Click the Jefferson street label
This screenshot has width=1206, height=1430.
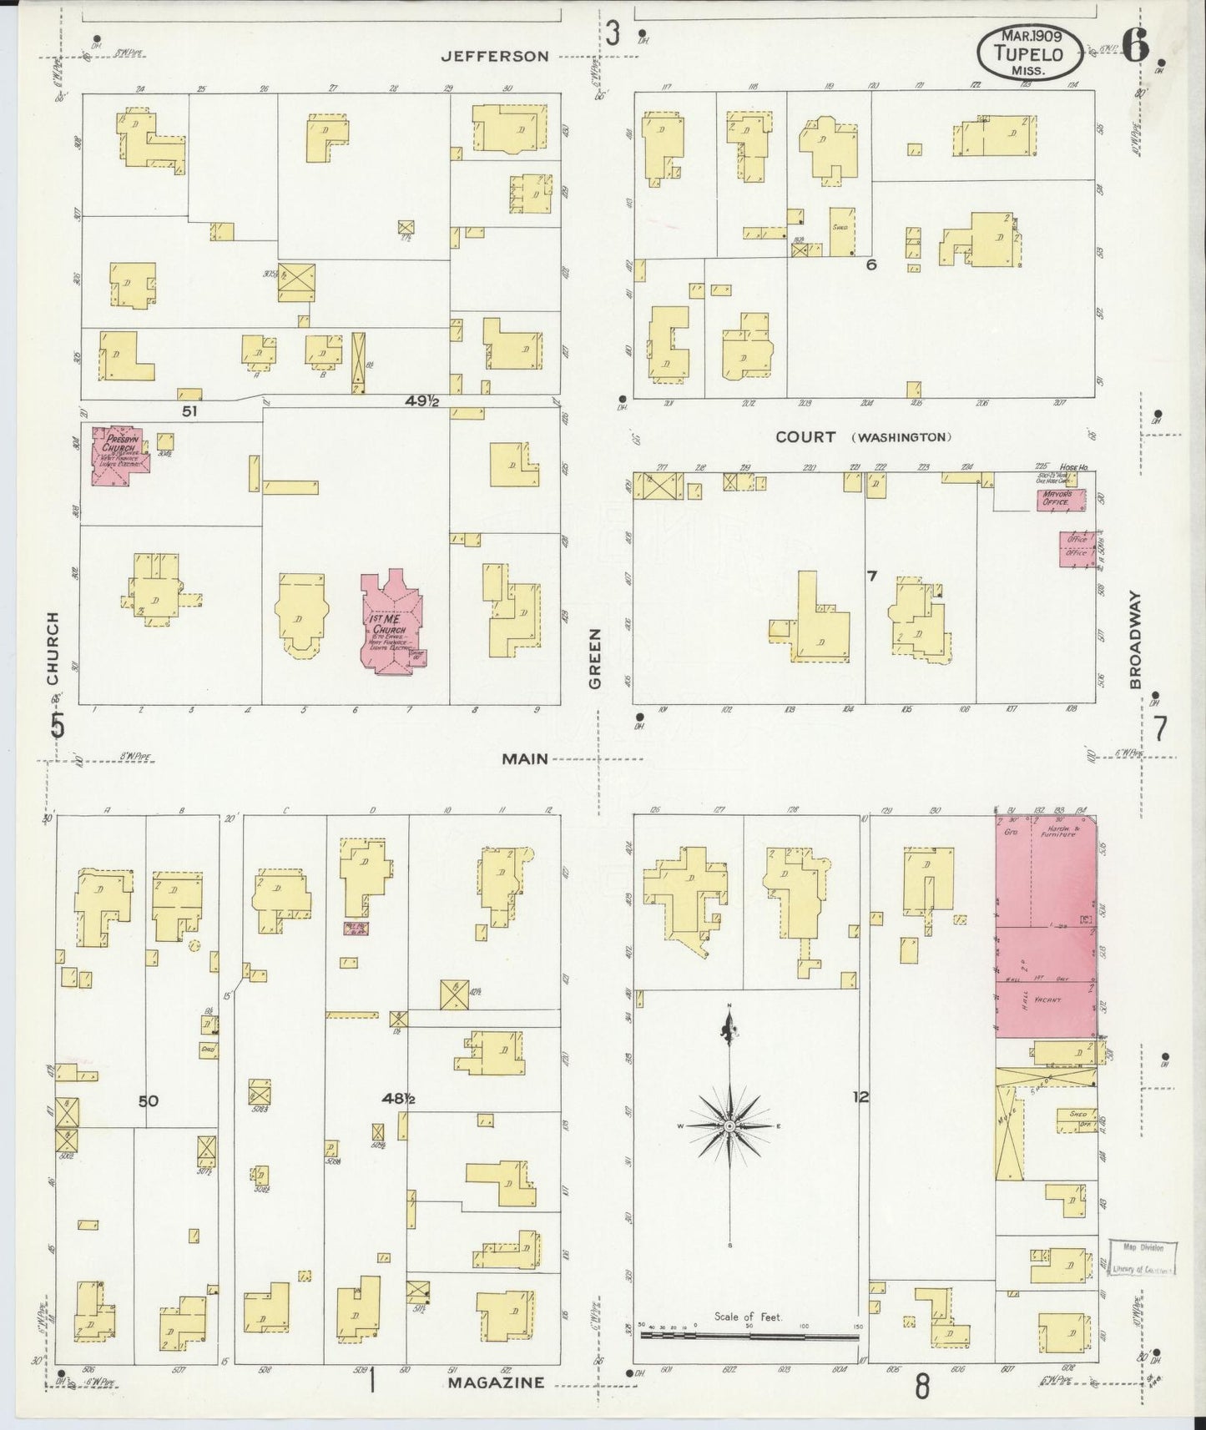(x=495, y=57)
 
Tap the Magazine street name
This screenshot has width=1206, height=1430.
(x=497, y=1382)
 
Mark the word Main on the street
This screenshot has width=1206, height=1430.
(x=525, y=759)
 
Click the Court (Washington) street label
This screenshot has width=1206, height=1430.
(x=863, y=437)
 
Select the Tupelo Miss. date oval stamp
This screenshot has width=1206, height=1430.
(x=1032, y=52)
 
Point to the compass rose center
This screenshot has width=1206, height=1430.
(x=730, y=1125)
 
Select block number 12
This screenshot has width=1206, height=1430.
(x=860, y=1098)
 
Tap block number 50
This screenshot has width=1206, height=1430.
(x=149, y=1101)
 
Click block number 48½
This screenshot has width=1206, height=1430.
(x=399, y=1100)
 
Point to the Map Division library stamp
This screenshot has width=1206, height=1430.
(x=1143, y=1258)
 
